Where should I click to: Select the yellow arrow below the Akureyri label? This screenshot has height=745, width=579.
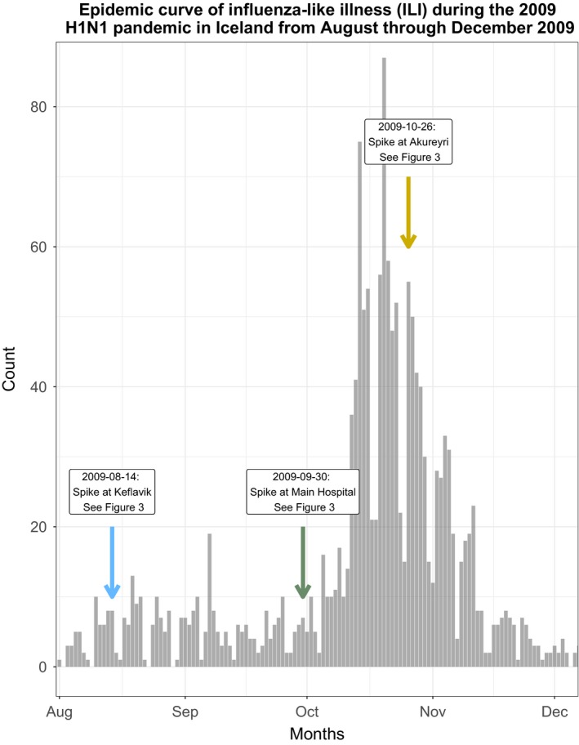[x=408, y=212]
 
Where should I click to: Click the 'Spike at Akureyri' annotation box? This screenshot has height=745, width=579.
[x=408, y=142]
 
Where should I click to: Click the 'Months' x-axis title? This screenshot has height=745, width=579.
[x=317, y=733]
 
